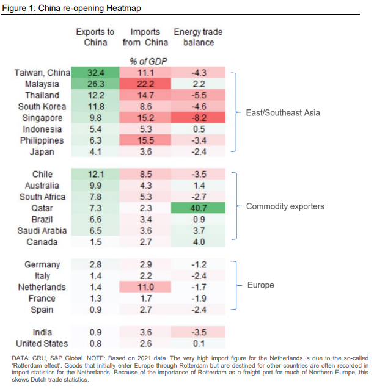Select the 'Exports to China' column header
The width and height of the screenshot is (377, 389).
[x=95, y=37]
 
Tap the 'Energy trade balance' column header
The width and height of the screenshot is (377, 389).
[x=199, y=37]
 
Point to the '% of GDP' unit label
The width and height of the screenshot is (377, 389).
[x=147, y=61]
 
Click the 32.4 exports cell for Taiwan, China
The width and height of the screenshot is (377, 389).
[x=95, y=73]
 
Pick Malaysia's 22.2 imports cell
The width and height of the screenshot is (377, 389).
[x=147, y=84]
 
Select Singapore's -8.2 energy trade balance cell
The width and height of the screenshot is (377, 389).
[x=199, y=118]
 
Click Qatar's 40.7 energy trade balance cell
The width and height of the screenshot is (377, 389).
[x=199, y=207]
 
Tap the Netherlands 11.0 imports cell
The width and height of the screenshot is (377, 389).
[x=147, y=287]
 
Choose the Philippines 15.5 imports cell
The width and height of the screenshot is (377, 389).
[x=147, y=140]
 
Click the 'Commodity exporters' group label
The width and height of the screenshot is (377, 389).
[x=285, y=206]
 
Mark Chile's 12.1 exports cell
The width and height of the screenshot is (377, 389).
[x=95, y=174]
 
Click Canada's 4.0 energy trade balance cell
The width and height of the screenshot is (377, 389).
[x=199, y=242]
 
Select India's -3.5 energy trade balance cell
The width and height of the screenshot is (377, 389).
[x=199, y=332]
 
